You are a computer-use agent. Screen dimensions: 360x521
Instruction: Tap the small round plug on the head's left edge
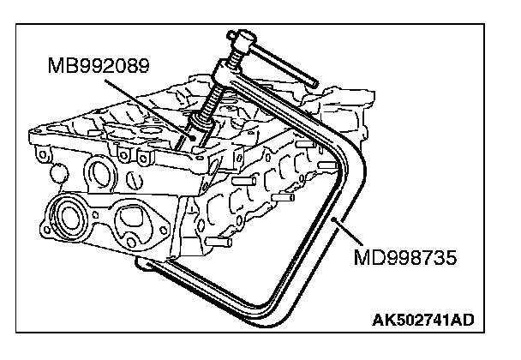[x=57, y=174]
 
